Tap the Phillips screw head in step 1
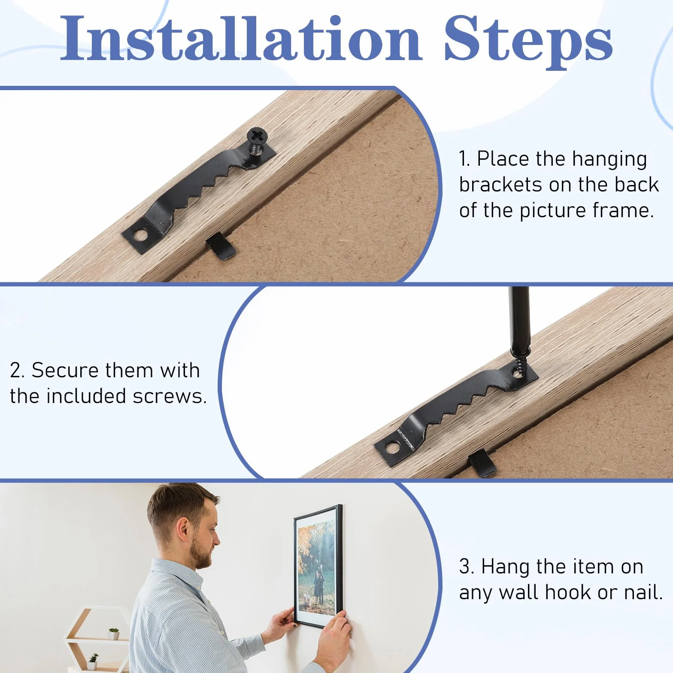[258, 136]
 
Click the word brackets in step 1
[500, 185]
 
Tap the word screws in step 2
[170, 397]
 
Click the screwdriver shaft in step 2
[519, 318]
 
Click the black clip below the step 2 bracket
[483, 462]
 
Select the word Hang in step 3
[506, 567]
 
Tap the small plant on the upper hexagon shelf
[114, 634]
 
